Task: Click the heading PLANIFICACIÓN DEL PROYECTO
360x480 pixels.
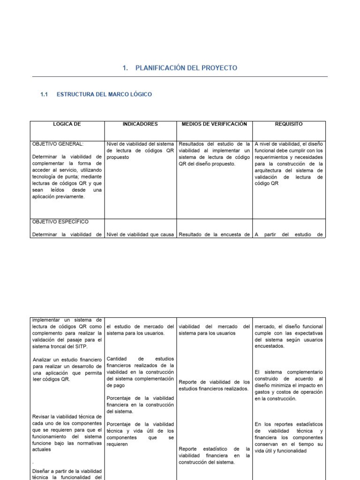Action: point(186,68)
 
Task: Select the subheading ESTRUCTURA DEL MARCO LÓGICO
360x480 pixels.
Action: point(104,95)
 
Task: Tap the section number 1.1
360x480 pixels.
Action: point(45,95)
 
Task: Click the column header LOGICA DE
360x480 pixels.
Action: point(67,124)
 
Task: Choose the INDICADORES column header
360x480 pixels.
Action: point(140,124)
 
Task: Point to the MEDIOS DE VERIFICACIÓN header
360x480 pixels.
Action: point(214,124)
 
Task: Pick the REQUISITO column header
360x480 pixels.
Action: point(289,124)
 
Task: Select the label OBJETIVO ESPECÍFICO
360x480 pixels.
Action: point(60,221)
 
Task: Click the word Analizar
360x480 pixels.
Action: point(45,360)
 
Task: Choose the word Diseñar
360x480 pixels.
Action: point(43,471)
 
